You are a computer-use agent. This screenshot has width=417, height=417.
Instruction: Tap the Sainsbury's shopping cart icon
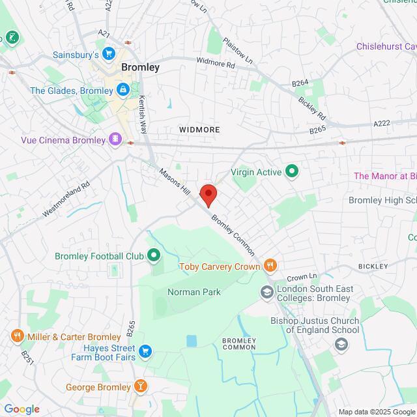109,54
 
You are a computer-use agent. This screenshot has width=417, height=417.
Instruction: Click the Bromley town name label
140,67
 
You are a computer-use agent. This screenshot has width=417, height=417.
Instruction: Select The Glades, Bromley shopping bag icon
122,90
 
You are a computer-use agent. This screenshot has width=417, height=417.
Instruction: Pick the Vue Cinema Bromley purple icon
115,139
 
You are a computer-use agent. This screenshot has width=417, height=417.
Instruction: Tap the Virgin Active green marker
292,172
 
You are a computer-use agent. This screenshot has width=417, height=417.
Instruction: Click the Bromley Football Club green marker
154,255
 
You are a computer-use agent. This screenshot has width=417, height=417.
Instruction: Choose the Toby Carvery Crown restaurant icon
270,265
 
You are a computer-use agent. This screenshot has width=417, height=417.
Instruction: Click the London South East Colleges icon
267,293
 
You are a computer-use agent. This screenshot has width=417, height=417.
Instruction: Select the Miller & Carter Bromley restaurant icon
16,336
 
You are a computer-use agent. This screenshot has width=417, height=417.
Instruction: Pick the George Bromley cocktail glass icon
140,387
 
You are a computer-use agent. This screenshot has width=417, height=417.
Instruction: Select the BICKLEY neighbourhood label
373,266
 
